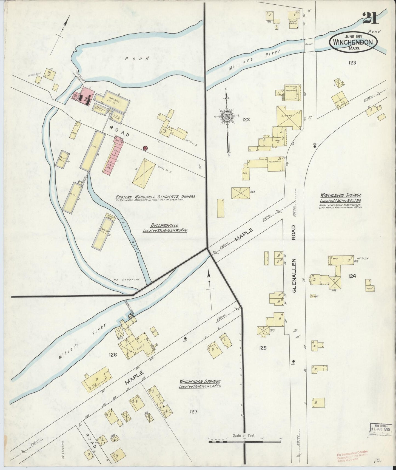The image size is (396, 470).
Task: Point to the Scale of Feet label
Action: tap(244, 435)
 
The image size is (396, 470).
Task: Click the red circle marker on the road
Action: tap(145, 148)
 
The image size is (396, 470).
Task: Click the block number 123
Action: tap(352, 63)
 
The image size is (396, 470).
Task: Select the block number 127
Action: tap(193, 411)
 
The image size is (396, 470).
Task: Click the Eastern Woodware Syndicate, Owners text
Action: tap(155, 196)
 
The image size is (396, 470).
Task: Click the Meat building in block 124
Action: tap(337, 258)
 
